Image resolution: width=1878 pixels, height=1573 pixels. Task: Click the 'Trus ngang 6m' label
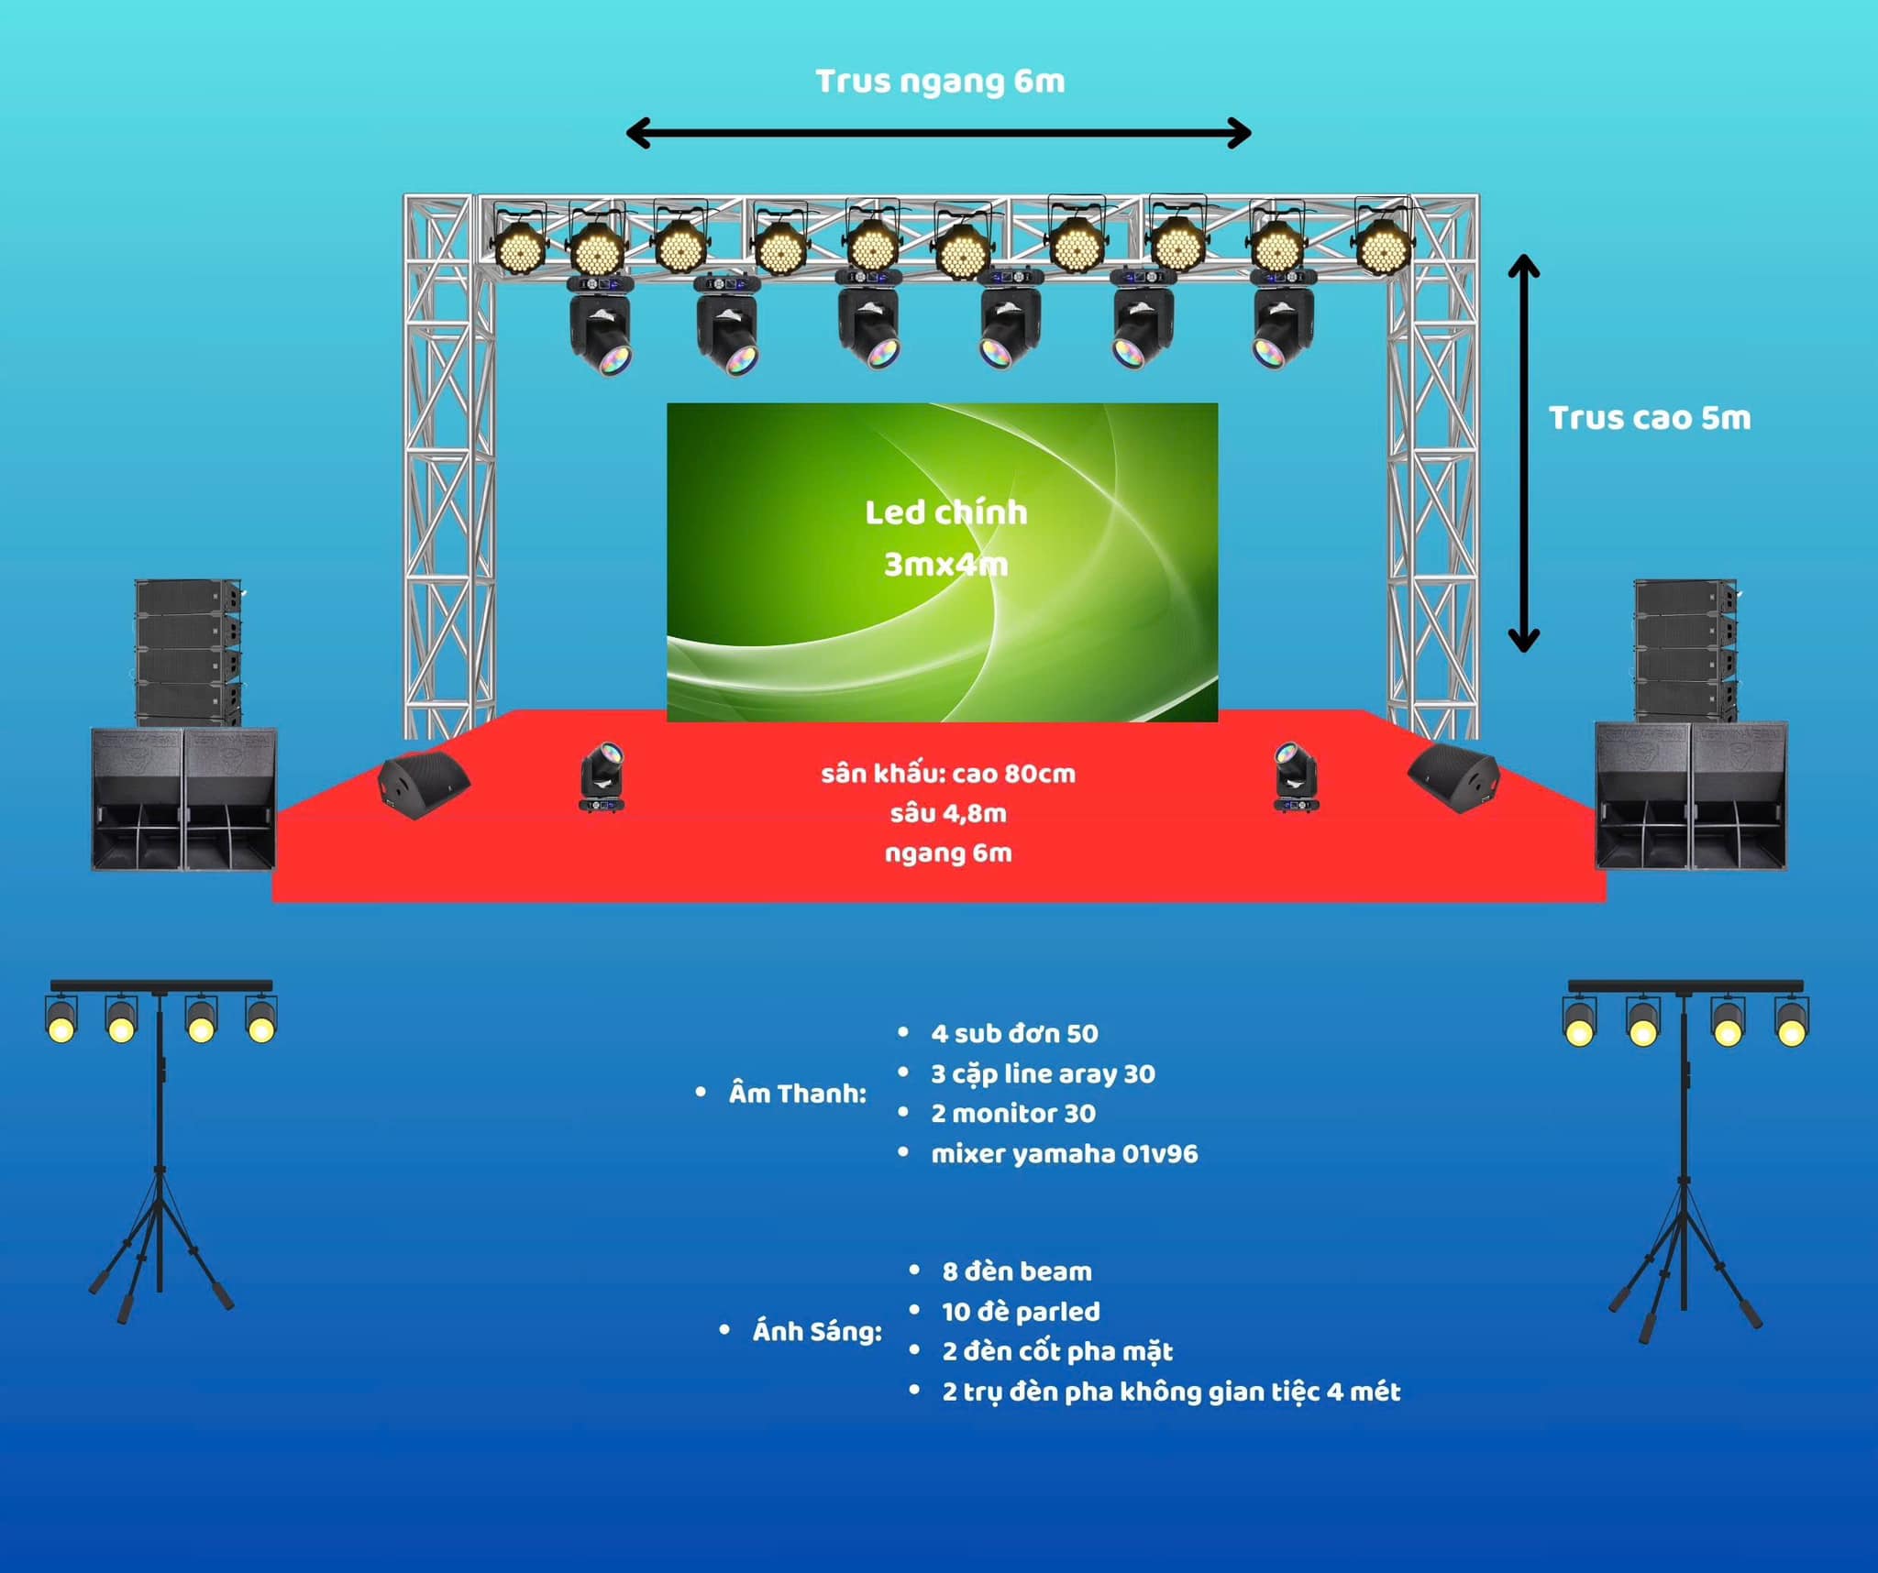(x=940, y=82)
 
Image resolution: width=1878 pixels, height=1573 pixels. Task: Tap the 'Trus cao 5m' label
(x=1650, y=418)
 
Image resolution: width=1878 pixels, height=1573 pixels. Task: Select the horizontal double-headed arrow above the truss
(x=938, y=133)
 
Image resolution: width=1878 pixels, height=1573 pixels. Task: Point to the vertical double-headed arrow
(x=1523, y=453)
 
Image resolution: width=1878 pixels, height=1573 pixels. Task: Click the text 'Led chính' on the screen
(x=945, y=511)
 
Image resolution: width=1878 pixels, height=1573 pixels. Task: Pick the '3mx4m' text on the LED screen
(x=945, y=564)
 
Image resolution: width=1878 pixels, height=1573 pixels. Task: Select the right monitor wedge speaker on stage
(x=1453, y=778)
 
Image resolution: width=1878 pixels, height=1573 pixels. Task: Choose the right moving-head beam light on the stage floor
(x=1296, y=776)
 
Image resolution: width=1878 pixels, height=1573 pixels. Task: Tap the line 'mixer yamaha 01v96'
(x=1065, y=1153)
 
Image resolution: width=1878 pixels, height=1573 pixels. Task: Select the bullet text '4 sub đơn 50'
(x=1014, y=1034)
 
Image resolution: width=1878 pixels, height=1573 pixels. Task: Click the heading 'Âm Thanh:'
(x=797, y=1093)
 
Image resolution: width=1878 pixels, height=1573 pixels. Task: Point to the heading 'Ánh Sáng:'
(x=817, y=1331)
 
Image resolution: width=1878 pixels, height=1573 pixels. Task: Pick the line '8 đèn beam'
(x=1017, y=1271)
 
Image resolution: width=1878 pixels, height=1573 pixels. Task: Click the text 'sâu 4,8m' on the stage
(x=948, y=813)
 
